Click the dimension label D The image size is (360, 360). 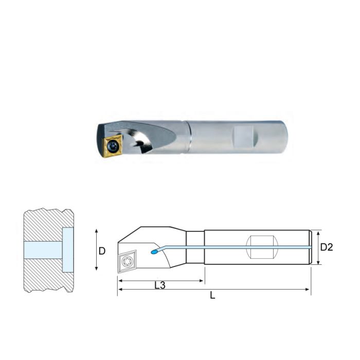coord(102,251)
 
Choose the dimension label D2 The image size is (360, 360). coord(327,247)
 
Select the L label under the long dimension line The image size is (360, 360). coord(213,297)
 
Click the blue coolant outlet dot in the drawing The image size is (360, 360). coord(153,252)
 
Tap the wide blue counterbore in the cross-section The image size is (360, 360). coord(67,249)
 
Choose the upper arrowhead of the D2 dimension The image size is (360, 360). coord(319,231)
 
